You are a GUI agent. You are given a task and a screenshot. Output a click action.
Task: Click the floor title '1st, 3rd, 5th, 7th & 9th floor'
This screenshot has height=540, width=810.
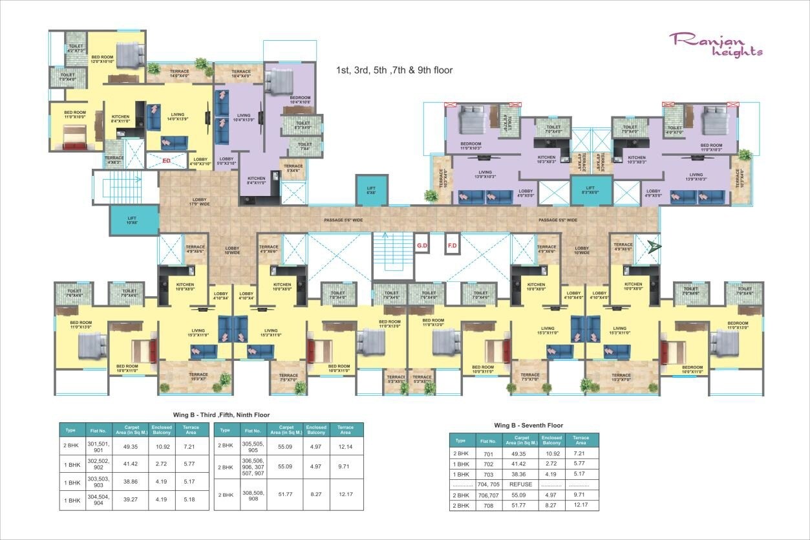[x=394, y=70]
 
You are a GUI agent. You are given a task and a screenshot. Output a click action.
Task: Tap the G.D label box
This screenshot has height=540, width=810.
[x=422, y=245]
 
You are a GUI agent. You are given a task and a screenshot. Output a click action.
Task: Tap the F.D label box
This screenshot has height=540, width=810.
[x=453, y=245]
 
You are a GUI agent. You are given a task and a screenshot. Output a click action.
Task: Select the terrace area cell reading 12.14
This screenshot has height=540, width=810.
[x=346, y=446]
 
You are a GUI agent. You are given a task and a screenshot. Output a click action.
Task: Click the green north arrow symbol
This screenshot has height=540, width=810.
[x=655, y=246]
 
